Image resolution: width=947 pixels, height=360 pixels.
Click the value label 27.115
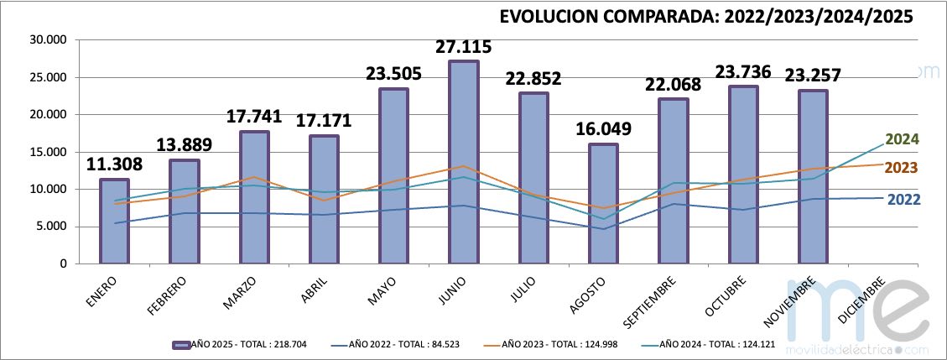463,47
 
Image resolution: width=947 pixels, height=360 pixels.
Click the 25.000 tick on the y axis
48,77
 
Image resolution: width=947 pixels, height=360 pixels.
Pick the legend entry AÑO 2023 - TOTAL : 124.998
554,344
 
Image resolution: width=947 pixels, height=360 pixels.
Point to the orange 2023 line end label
902,168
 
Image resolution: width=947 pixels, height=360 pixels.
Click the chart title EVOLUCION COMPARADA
705,17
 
